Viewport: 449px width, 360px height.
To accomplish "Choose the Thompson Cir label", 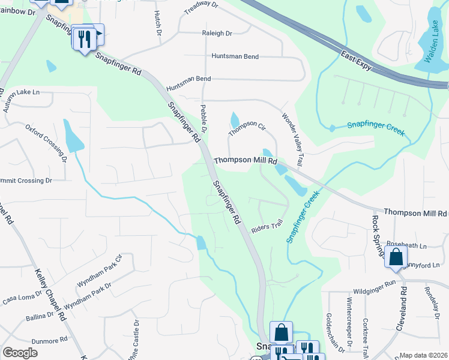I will click(x=247, y=127).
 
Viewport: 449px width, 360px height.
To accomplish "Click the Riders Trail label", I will click(x=267, y=226).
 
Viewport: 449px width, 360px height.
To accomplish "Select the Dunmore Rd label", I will click(x=49, y=340).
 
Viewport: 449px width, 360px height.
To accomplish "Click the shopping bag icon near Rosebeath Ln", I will click(x=396, y=256).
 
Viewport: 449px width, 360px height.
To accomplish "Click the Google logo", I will click(x=20, y=353).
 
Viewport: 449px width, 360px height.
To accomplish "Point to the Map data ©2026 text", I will click(x=423, y=355).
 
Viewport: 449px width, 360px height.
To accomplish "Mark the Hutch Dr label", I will click(x=158, y=21).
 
